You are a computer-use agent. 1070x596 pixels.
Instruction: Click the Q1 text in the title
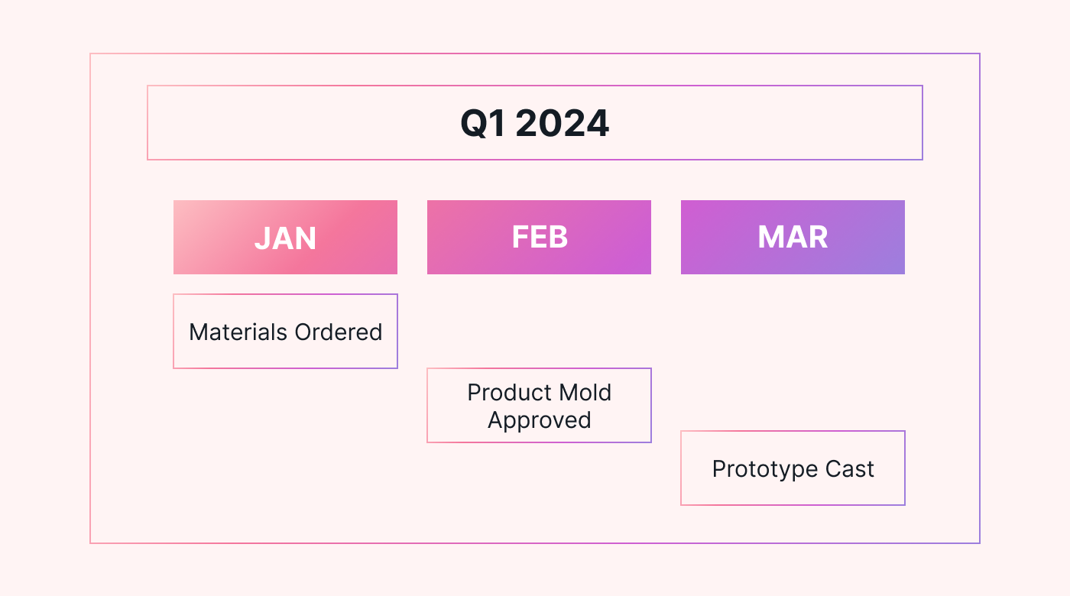coord(482,123)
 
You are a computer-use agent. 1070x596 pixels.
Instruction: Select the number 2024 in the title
coord(563,123)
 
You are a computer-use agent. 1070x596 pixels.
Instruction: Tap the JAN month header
coord(285,238)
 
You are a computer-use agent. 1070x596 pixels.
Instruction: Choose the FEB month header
coord(539,238)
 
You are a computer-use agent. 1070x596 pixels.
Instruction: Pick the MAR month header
coord(793,238)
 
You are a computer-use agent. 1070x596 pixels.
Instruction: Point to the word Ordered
coord(338,332)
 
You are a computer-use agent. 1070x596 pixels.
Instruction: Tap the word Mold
coord(585,393)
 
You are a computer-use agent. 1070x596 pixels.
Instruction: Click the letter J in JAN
coord(262,238)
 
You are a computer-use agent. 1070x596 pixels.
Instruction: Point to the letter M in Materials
coord(198,332)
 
